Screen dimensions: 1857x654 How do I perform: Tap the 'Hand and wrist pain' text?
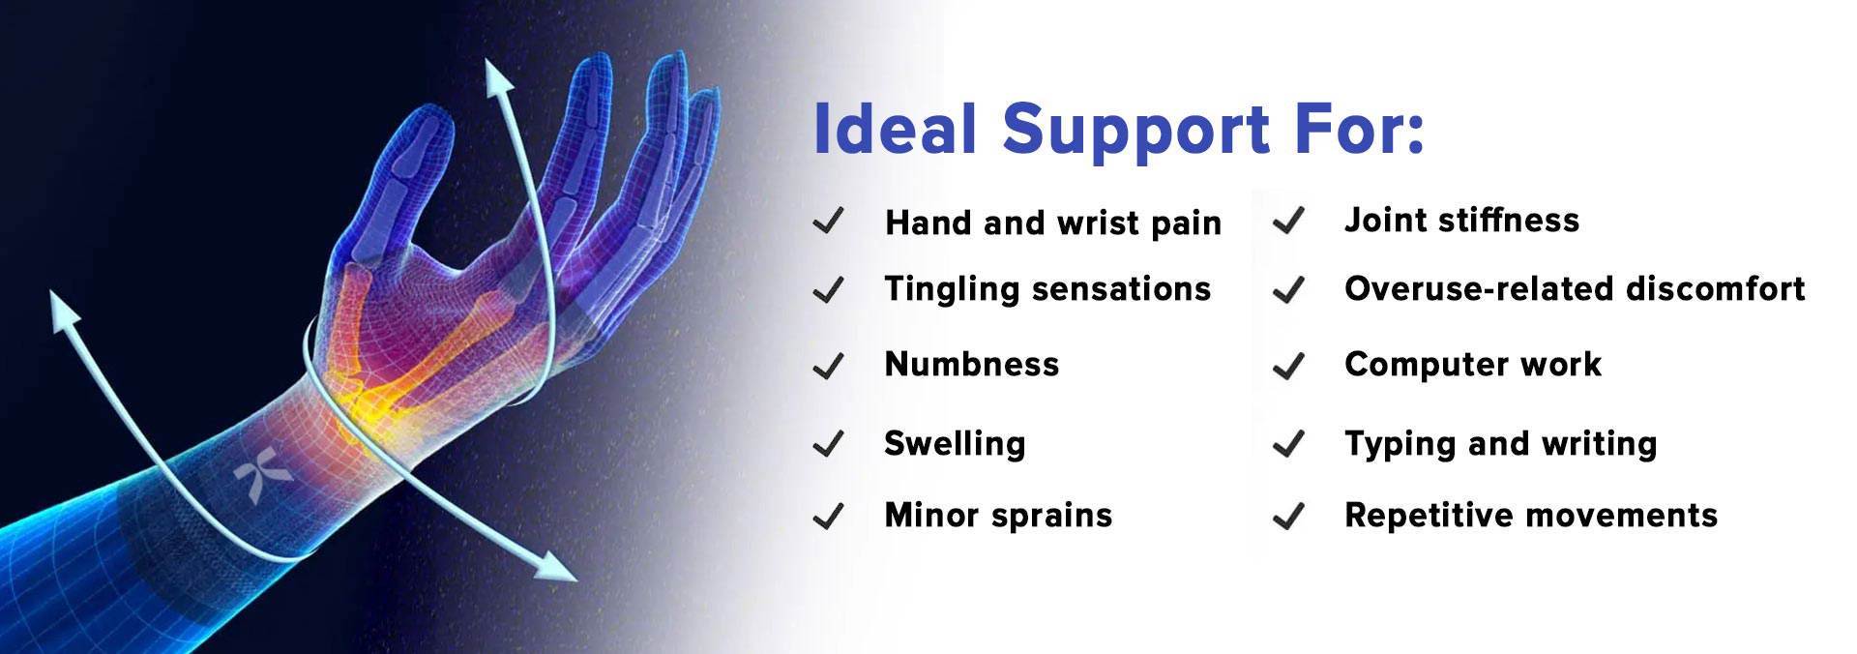point(1053,223)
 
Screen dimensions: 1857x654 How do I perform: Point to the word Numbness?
point(972,364)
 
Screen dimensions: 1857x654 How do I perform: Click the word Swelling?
point(955,444)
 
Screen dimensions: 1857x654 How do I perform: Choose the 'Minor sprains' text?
point(998,515)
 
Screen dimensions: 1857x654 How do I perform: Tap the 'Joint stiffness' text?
point(1461,221)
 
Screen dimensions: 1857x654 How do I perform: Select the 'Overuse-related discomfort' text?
point(1575,288)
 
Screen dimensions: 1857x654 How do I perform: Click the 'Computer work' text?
point(1473,365)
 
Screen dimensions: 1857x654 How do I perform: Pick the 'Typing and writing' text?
point(1500,444)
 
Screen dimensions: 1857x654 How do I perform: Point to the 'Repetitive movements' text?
point(1531,515)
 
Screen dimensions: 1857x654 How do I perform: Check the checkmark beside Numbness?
point(829,366)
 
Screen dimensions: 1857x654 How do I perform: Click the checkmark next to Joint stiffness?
point(1288,222)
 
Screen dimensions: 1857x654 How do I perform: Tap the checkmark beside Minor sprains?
point(829,516)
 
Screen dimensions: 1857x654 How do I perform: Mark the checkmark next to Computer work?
point(1288,366)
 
